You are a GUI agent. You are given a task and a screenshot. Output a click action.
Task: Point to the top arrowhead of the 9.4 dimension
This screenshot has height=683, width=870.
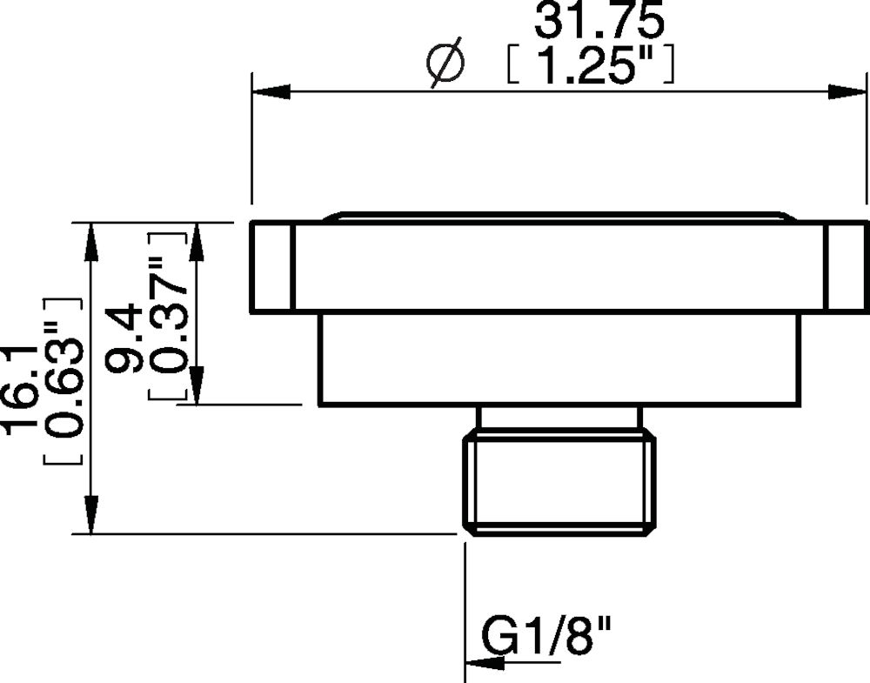click(x=197, y=240)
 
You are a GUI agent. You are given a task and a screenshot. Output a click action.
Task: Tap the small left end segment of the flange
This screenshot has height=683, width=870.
click(x=271, y=267)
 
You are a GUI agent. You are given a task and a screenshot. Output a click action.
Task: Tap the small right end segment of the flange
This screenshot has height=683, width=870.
click(x=847, y=267)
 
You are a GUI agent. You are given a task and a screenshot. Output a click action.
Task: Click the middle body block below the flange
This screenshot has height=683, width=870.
click(x=558, y=358)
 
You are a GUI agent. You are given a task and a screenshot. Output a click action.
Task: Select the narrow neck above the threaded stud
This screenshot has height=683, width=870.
click(x=558, y=418)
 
